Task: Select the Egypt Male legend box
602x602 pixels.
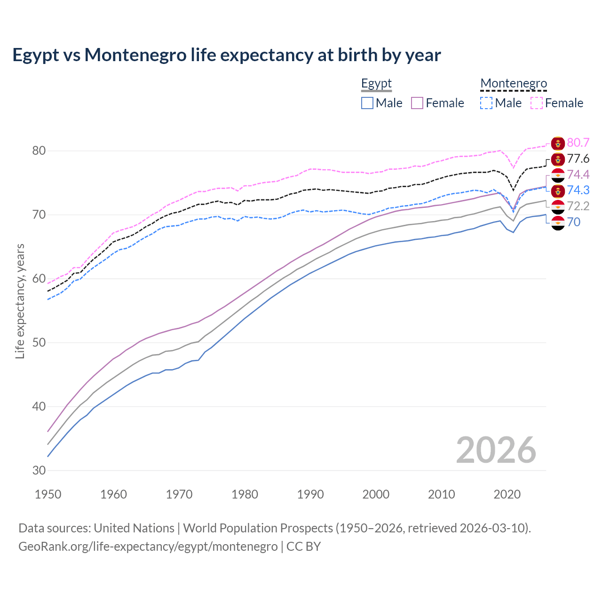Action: point(367,103)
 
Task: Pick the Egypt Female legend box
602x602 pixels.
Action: point(417,103)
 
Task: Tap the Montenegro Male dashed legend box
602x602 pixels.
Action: point(486,103)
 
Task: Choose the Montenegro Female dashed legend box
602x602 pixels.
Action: point(537,103)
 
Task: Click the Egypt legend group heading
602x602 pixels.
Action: point(376,84)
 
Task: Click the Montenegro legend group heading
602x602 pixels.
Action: point(514,84)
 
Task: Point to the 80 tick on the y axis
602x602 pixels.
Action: point(39,151)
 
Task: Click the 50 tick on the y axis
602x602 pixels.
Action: point(39,342)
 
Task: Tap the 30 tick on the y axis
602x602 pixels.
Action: point(39,470)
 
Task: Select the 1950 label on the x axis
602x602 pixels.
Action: point(48,494)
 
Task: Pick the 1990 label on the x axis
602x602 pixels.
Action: point(310,494)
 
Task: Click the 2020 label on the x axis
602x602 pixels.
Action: point(507,494)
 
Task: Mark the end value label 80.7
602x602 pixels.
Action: point(578,143)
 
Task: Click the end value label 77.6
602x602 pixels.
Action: point(578,159)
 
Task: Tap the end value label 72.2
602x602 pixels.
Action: point(578,206)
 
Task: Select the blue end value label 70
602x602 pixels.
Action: point(573,222)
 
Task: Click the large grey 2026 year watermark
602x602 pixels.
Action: point(496,450)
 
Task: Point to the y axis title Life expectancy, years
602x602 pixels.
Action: point(20,301)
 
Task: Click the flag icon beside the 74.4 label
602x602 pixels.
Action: point(558,175)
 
